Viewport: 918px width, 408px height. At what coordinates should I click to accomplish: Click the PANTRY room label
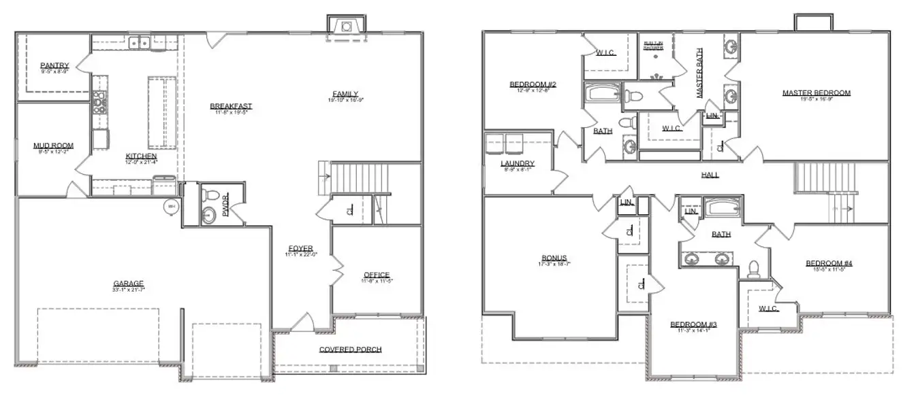pos(54,65)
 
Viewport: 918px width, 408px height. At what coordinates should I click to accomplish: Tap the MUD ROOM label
pos(53,146)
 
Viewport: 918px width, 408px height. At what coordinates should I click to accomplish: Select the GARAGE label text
pos(129,284)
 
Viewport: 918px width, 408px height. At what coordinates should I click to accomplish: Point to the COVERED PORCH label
pos(350,350)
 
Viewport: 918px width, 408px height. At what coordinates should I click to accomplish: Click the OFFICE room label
pos(377,275)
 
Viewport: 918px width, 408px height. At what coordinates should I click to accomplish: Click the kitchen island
pos(161,112)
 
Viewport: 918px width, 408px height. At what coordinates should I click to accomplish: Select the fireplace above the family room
pos(347,26)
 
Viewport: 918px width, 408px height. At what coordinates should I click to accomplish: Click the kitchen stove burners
pos(99,102)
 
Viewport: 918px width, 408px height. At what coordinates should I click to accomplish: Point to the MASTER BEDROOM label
pos(816,93)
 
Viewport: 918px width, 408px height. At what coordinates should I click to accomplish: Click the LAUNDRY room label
pos(517,164)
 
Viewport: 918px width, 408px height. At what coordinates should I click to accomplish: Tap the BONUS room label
pos(554,258)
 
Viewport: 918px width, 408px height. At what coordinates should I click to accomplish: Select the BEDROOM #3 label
pos(693,324)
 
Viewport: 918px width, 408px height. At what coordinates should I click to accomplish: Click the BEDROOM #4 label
pos(829,264)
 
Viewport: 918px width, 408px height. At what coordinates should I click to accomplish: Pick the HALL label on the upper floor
pos(710,175)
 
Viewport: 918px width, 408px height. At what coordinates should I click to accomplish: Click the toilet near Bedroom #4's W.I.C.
pos(753,270)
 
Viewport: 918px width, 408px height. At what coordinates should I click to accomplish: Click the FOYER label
pos(300,248)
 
